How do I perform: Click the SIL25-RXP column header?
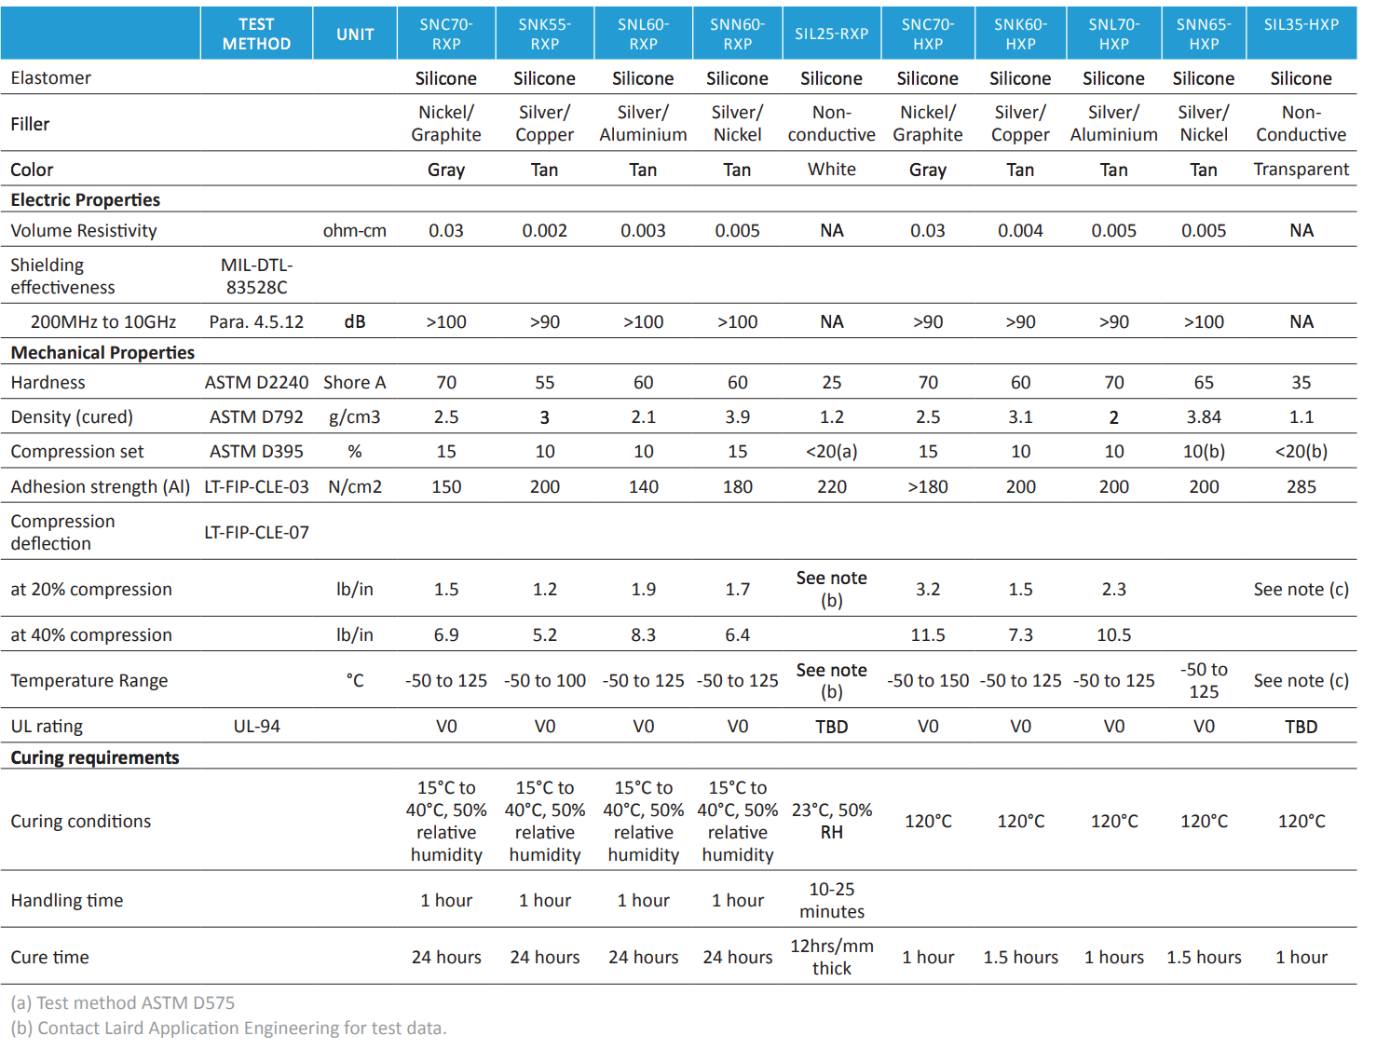click(831, 34)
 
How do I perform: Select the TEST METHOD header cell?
click(256, 34)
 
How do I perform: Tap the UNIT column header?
click(355, 34)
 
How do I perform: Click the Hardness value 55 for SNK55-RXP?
click(544, 382)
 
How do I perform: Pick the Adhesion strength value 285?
click(1301, 486)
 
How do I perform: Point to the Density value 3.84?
click(1203, 416)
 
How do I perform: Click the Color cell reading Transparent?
click(1301, 169)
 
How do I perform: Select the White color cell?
click(831, 169)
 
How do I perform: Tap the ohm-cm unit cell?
click(354, 230)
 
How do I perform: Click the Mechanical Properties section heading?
click(102, 352)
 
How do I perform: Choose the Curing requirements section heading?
click(94, 757)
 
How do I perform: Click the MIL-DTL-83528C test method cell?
click(256, 276)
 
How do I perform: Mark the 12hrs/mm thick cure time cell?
click(831, 957)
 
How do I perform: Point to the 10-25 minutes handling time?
click(831, 900)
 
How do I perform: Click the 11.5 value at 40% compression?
click(927, 634)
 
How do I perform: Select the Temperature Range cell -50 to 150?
click(927, 680)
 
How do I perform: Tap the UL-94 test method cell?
click(256, 726)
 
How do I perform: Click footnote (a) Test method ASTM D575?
click(122, 1002)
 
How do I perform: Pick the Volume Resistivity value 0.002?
click(544, 230)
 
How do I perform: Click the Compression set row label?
click(77, 451)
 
